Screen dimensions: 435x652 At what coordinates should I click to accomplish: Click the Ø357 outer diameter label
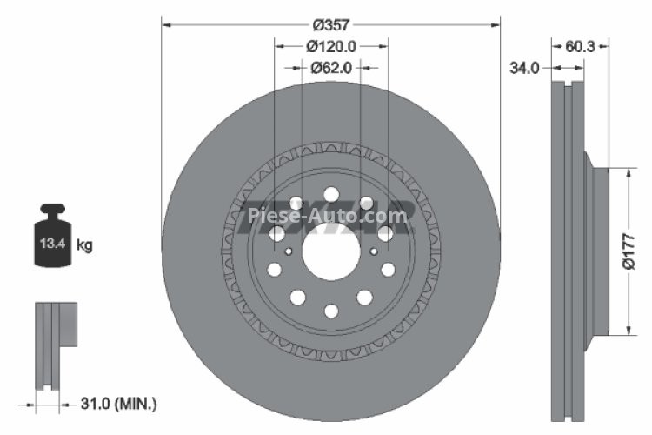[331, 24]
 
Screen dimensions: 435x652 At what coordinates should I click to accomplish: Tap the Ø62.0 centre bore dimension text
[331, 65]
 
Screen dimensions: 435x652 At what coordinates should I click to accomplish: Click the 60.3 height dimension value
[580, 46]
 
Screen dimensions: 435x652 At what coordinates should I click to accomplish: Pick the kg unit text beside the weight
[84, 245]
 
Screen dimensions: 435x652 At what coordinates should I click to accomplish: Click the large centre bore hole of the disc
[331, 252]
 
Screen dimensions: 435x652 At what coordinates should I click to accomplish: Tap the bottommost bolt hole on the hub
[331, 310]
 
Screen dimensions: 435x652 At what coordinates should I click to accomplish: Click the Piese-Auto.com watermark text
[326, 216]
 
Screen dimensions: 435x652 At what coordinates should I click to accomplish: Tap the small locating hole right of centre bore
[374, 251]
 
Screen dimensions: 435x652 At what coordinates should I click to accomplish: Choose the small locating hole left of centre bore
[289, 251]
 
